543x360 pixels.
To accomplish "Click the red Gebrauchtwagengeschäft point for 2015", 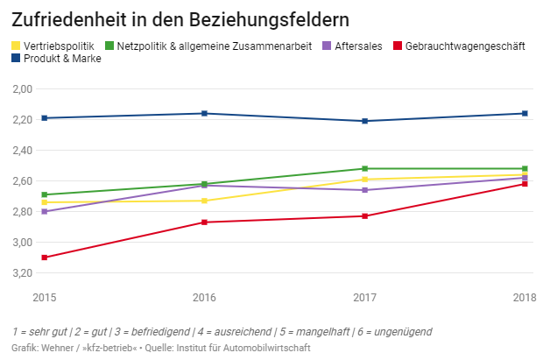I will pos(45,258).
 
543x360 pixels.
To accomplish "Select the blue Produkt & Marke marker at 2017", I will pos(364,121).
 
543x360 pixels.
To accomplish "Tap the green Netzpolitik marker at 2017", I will pos(364,168).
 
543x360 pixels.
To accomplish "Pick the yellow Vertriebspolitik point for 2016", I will pos(204,201).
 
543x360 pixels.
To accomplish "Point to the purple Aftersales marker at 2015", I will pos(45,212).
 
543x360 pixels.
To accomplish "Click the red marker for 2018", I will pos(525,184).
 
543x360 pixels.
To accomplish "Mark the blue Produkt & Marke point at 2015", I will pos(45,118).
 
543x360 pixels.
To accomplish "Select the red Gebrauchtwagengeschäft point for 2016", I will pos(204,222).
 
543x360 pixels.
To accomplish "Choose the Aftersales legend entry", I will pos(358,46).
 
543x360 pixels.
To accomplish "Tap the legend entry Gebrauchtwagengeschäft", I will pos(464,46).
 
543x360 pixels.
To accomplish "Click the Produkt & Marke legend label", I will pos(60,59).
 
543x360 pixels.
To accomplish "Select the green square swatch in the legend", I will pos(109,46).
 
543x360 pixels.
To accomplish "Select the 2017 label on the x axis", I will pos(364,298).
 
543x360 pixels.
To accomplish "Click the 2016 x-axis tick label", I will pos(204,298).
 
